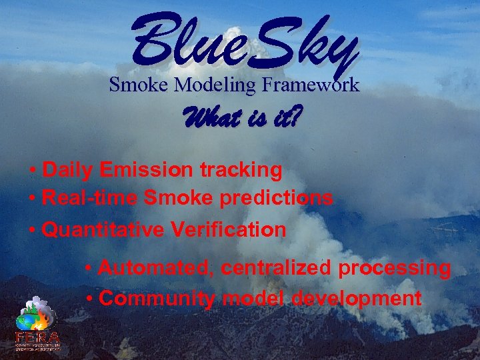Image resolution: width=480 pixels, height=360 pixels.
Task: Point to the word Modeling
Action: click(x=215, y=85)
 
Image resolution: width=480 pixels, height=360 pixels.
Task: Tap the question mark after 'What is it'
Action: click(x=293, y=121)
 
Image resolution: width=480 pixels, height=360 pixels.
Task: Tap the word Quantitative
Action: click(x=103, y=230)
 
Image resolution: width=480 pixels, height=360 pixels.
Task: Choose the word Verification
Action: click(x=229, y=230)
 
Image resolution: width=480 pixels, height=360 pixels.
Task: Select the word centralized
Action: click(x=277, y=269)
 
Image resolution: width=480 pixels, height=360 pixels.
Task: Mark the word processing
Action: click(x=395, y=269)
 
